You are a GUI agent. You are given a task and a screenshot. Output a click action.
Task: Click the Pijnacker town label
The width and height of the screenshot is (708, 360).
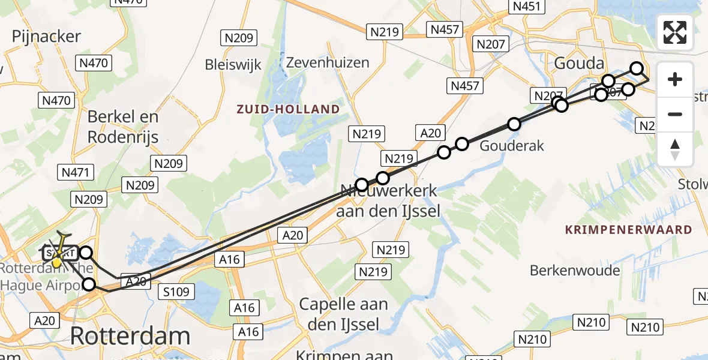click(46, 36)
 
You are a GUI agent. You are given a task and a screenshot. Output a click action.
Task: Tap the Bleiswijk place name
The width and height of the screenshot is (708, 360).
click(233, 64)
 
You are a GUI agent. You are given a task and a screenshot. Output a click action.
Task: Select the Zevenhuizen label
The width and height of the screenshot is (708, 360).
click(325, 62)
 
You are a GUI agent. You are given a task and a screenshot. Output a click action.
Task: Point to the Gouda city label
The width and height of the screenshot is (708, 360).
click(579, 63)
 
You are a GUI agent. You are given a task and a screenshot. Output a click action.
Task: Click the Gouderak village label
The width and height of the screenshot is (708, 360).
click(512, 145)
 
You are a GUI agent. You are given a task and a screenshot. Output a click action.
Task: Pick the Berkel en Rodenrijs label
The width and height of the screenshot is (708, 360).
click(123, 127)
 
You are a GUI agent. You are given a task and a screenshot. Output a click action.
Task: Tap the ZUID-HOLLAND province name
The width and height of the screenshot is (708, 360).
click(288, 109)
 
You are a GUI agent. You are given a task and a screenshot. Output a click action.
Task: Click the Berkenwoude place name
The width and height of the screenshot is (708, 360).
click(575, 270)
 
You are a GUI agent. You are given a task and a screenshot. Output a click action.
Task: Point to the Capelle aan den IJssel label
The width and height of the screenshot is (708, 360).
click(343, 314)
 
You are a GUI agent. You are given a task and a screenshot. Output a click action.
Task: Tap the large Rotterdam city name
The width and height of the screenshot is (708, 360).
click(130, 335)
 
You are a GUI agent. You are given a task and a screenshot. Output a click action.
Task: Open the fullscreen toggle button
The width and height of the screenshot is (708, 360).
click(675, 32)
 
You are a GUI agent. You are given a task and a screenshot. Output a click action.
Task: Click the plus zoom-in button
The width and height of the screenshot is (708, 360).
click(675, 79)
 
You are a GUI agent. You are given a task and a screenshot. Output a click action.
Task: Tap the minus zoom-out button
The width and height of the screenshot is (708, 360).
click(675, 114)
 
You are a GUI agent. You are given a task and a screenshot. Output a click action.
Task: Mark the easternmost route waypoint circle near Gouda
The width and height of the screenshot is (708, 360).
click(637, 69)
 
